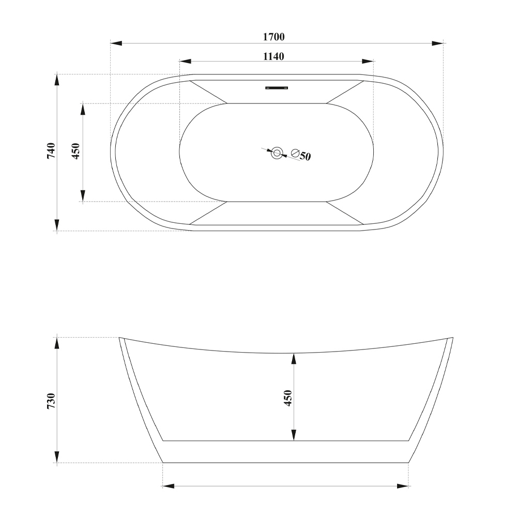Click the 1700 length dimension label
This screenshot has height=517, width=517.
273,37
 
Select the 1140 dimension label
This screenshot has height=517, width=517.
273,56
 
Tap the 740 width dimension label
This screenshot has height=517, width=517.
51,150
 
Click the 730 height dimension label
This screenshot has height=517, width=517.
51,401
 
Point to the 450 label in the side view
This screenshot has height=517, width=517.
288,398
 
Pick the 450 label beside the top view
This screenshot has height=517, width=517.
76,151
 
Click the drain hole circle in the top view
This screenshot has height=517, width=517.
277,153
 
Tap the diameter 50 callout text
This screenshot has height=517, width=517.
301,155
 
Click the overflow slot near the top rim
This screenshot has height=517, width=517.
277,88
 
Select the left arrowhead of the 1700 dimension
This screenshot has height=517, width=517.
116,43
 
